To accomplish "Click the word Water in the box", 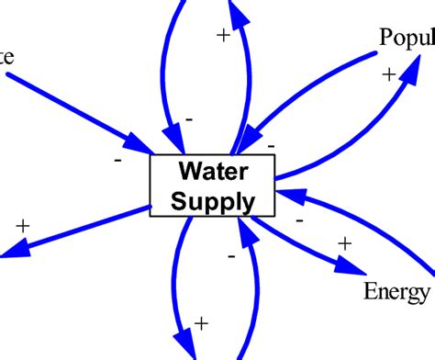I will click(212, 171).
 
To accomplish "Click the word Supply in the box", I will click(212, 199).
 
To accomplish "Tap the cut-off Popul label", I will click(406, 38).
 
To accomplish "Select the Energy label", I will click(397, 291).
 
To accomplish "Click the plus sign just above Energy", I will click(344, 243).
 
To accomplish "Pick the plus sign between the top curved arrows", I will click(223, 35).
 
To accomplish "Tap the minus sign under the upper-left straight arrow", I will click(118, 159).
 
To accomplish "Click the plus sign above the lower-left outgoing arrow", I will click(23, 225).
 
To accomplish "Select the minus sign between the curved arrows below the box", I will click(230, 257).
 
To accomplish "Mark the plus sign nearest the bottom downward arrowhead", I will click(203, 322).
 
